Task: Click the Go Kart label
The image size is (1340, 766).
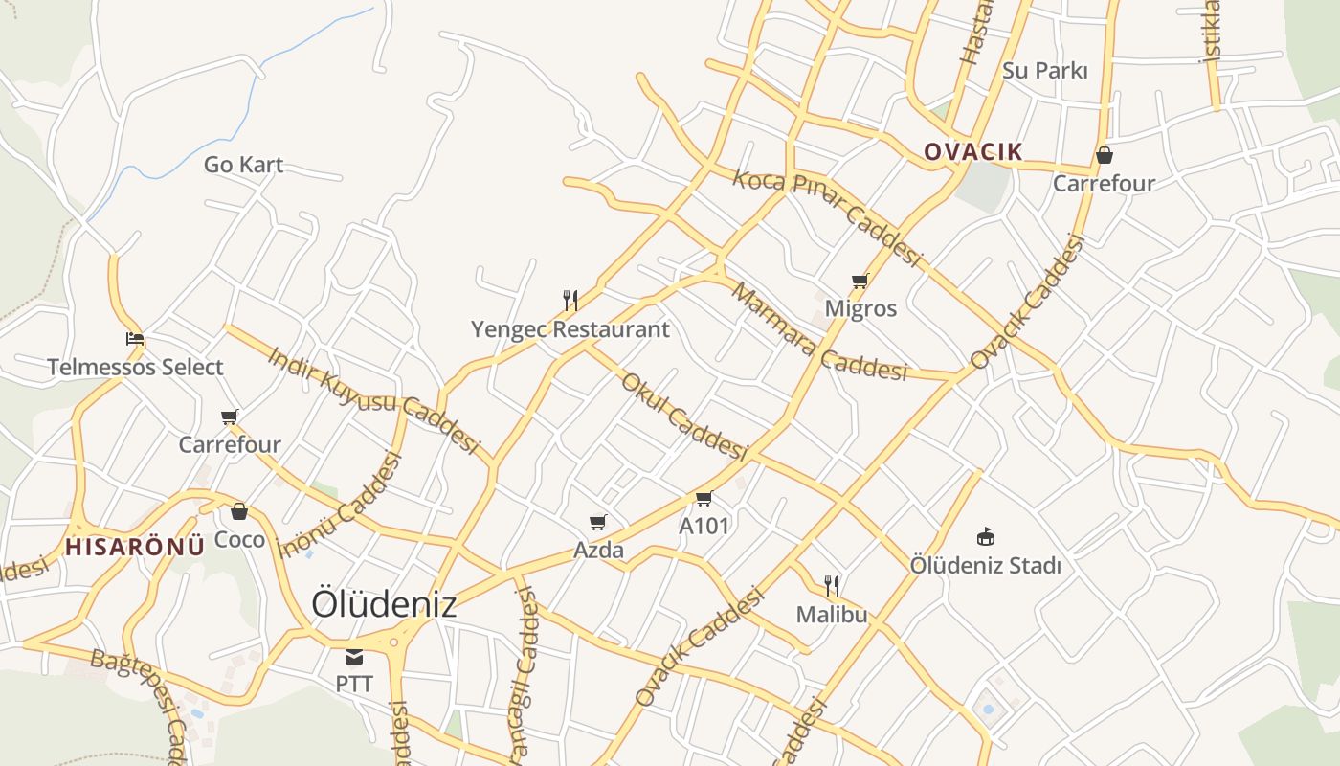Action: click(x=243, y=165)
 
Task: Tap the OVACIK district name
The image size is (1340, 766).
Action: click(x=972, y=152)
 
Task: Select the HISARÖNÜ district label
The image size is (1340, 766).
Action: click(x=135, y=547)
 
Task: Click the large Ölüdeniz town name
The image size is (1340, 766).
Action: click(x=384, y=604)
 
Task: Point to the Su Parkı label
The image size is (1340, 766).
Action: click(x=1045, y=71)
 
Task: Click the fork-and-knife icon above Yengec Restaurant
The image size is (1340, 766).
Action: click(x=570, y=301)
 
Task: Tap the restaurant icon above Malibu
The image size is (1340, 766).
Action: click(x=832, y=585)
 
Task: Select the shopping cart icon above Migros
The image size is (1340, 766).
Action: click(x=860, y=281)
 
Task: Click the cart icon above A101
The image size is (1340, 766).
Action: click(x=704, y=498)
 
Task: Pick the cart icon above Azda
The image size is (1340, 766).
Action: click(x=598, y=522)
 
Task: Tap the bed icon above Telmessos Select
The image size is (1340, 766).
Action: click(x=135, y=339)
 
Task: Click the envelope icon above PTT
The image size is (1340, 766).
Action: click(x=354, y=657)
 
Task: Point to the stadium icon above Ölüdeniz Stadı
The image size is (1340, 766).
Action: click(x=985, y=536)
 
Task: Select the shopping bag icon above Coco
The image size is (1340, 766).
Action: click(x=239, y=511)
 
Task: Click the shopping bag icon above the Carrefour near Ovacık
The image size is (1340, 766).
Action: click(x=1104, y=155)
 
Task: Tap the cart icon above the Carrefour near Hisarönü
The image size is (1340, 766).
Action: click(x=230, y=417)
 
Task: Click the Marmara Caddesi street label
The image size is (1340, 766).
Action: click(x=818, y=331)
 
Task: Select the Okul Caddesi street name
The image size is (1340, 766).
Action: click(x=683, y=415)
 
